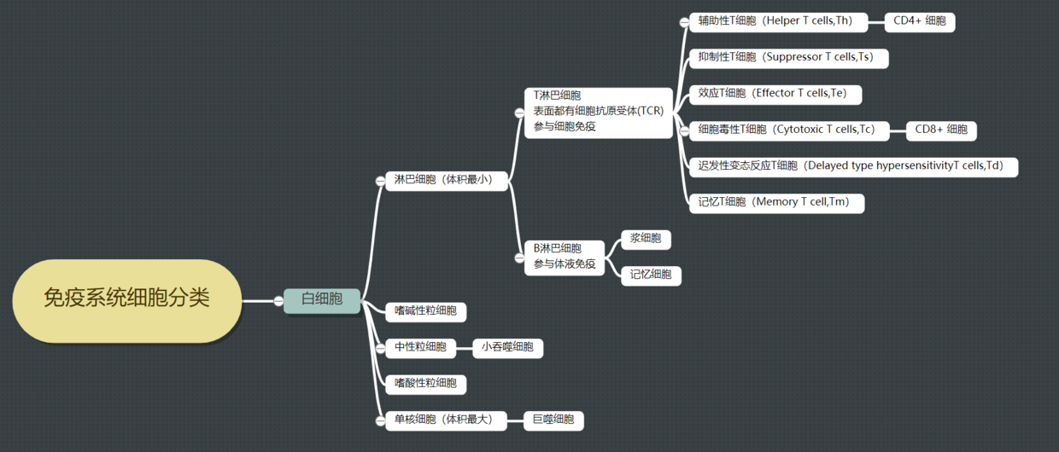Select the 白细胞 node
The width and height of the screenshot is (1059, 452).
(x=322, y=299)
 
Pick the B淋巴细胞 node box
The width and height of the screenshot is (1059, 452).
(x=565, y=256)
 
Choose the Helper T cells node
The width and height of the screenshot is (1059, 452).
(x=777, y=21)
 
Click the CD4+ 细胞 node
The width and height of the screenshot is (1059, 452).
(x=919, y=21)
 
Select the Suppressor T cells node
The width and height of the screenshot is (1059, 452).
(x=787, y=58)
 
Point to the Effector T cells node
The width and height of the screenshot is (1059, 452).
(x=775, y=94)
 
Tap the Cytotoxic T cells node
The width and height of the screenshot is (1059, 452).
(x=787, y=130)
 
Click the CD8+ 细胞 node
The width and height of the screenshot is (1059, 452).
(x=940, y=130)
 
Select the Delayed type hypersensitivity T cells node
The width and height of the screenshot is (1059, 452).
(x=852, y=166)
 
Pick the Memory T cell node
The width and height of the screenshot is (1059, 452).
(x=775, y=203)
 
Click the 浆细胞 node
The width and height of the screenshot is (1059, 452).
(x=646, y=239)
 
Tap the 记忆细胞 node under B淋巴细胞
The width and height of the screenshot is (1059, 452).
(x=651, y=275)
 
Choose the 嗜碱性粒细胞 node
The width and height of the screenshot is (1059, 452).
(x=425, y=311)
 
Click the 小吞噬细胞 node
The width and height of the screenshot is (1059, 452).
(x=507, y=347)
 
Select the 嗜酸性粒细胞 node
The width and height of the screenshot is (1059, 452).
(x=425, y=384)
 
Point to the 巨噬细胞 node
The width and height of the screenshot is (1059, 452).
(x=553, y=420)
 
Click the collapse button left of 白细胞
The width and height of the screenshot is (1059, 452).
(x=278, y=300)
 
